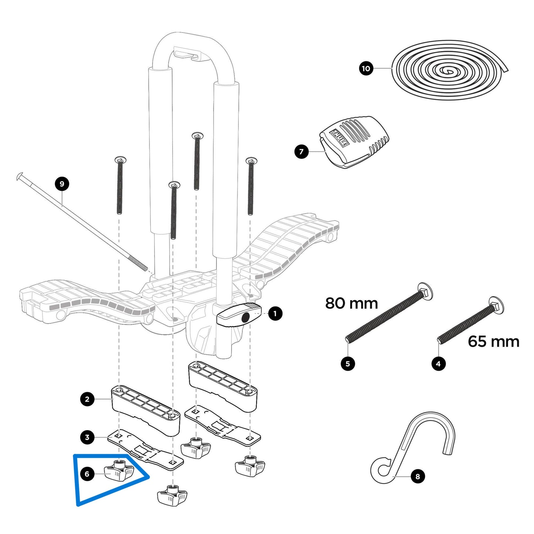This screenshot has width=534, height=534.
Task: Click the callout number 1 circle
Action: point(275,314)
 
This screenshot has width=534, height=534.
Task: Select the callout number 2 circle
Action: point(87,399)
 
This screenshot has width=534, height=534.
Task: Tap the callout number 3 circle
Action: point(87,438)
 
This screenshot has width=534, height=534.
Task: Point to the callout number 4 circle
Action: point(438,364)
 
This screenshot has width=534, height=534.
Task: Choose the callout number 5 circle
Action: point(348,364)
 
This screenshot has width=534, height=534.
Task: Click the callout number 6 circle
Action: point(87,474)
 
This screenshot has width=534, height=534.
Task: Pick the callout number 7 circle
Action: point(302,152)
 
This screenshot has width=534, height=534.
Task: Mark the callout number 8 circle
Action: point(418,476)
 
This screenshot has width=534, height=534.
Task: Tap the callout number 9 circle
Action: point(62,184)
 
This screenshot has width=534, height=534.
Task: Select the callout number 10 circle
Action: point(366,68)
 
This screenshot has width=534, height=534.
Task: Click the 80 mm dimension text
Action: point(351,303)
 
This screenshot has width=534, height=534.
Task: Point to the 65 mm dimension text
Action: point(493,341)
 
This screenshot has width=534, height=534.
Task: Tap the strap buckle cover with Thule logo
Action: point(353,142)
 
